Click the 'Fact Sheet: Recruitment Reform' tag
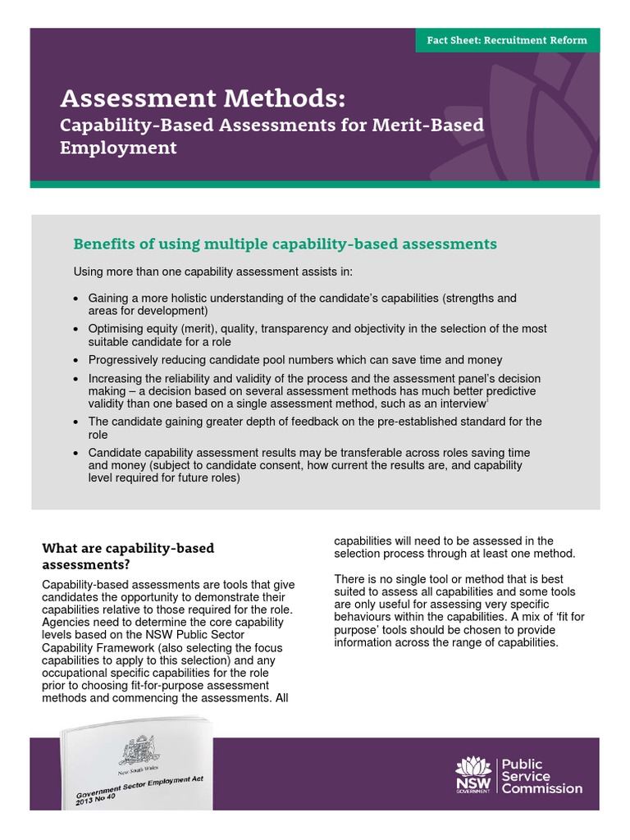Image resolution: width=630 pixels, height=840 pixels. pos(507,40)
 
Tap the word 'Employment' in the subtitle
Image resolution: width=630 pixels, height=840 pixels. pos(118,148)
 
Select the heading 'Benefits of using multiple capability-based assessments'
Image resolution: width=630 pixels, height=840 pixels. pos(285,244)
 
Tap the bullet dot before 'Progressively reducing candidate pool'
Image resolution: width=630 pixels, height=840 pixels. pos(76,360)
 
